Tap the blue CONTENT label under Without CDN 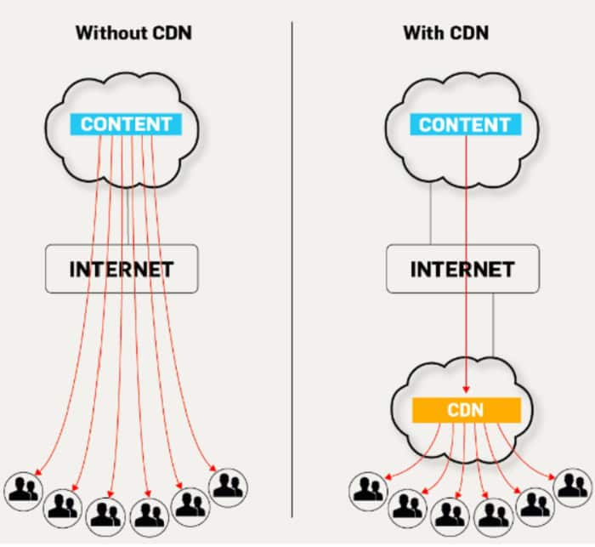(x=125, y=124)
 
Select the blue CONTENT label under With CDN (x=464, y=124)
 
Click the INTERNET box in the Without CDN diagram (x=121, y=269)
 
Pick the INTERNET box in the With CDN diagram (x=462, y=269)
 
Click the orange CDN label (x=465, y=411)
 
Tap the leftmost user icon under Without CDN (x=21, y=488)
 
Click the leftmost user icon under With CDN (x=367, y=488)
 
